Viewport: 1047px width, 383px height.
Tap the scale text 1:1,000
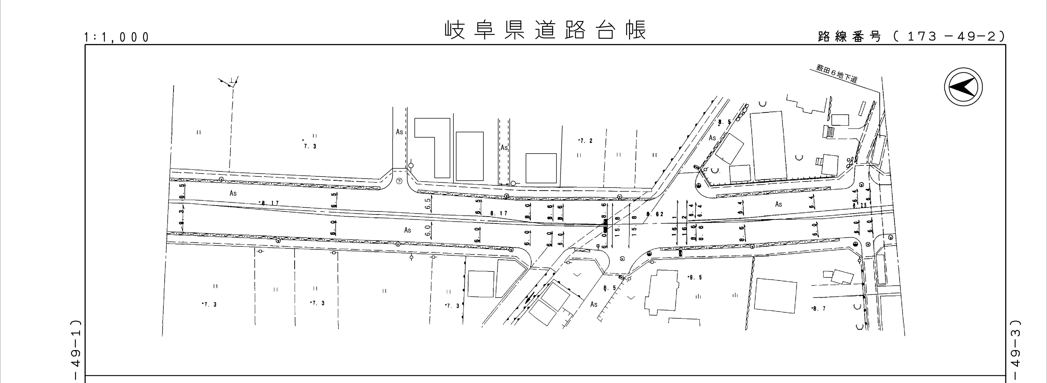click(117, 38)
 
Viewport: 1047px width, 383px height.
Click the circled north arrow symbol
click(963, 86)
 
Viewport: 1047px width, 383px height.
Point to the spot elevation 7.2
click(586, 141)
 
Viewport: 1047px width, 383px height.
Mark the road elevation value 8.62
click(655, 214)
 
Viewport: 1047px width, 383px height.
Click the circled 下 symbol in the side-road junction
click(399, 181)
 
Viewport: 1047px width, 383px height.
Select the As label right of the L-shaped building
click(504, 148)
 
